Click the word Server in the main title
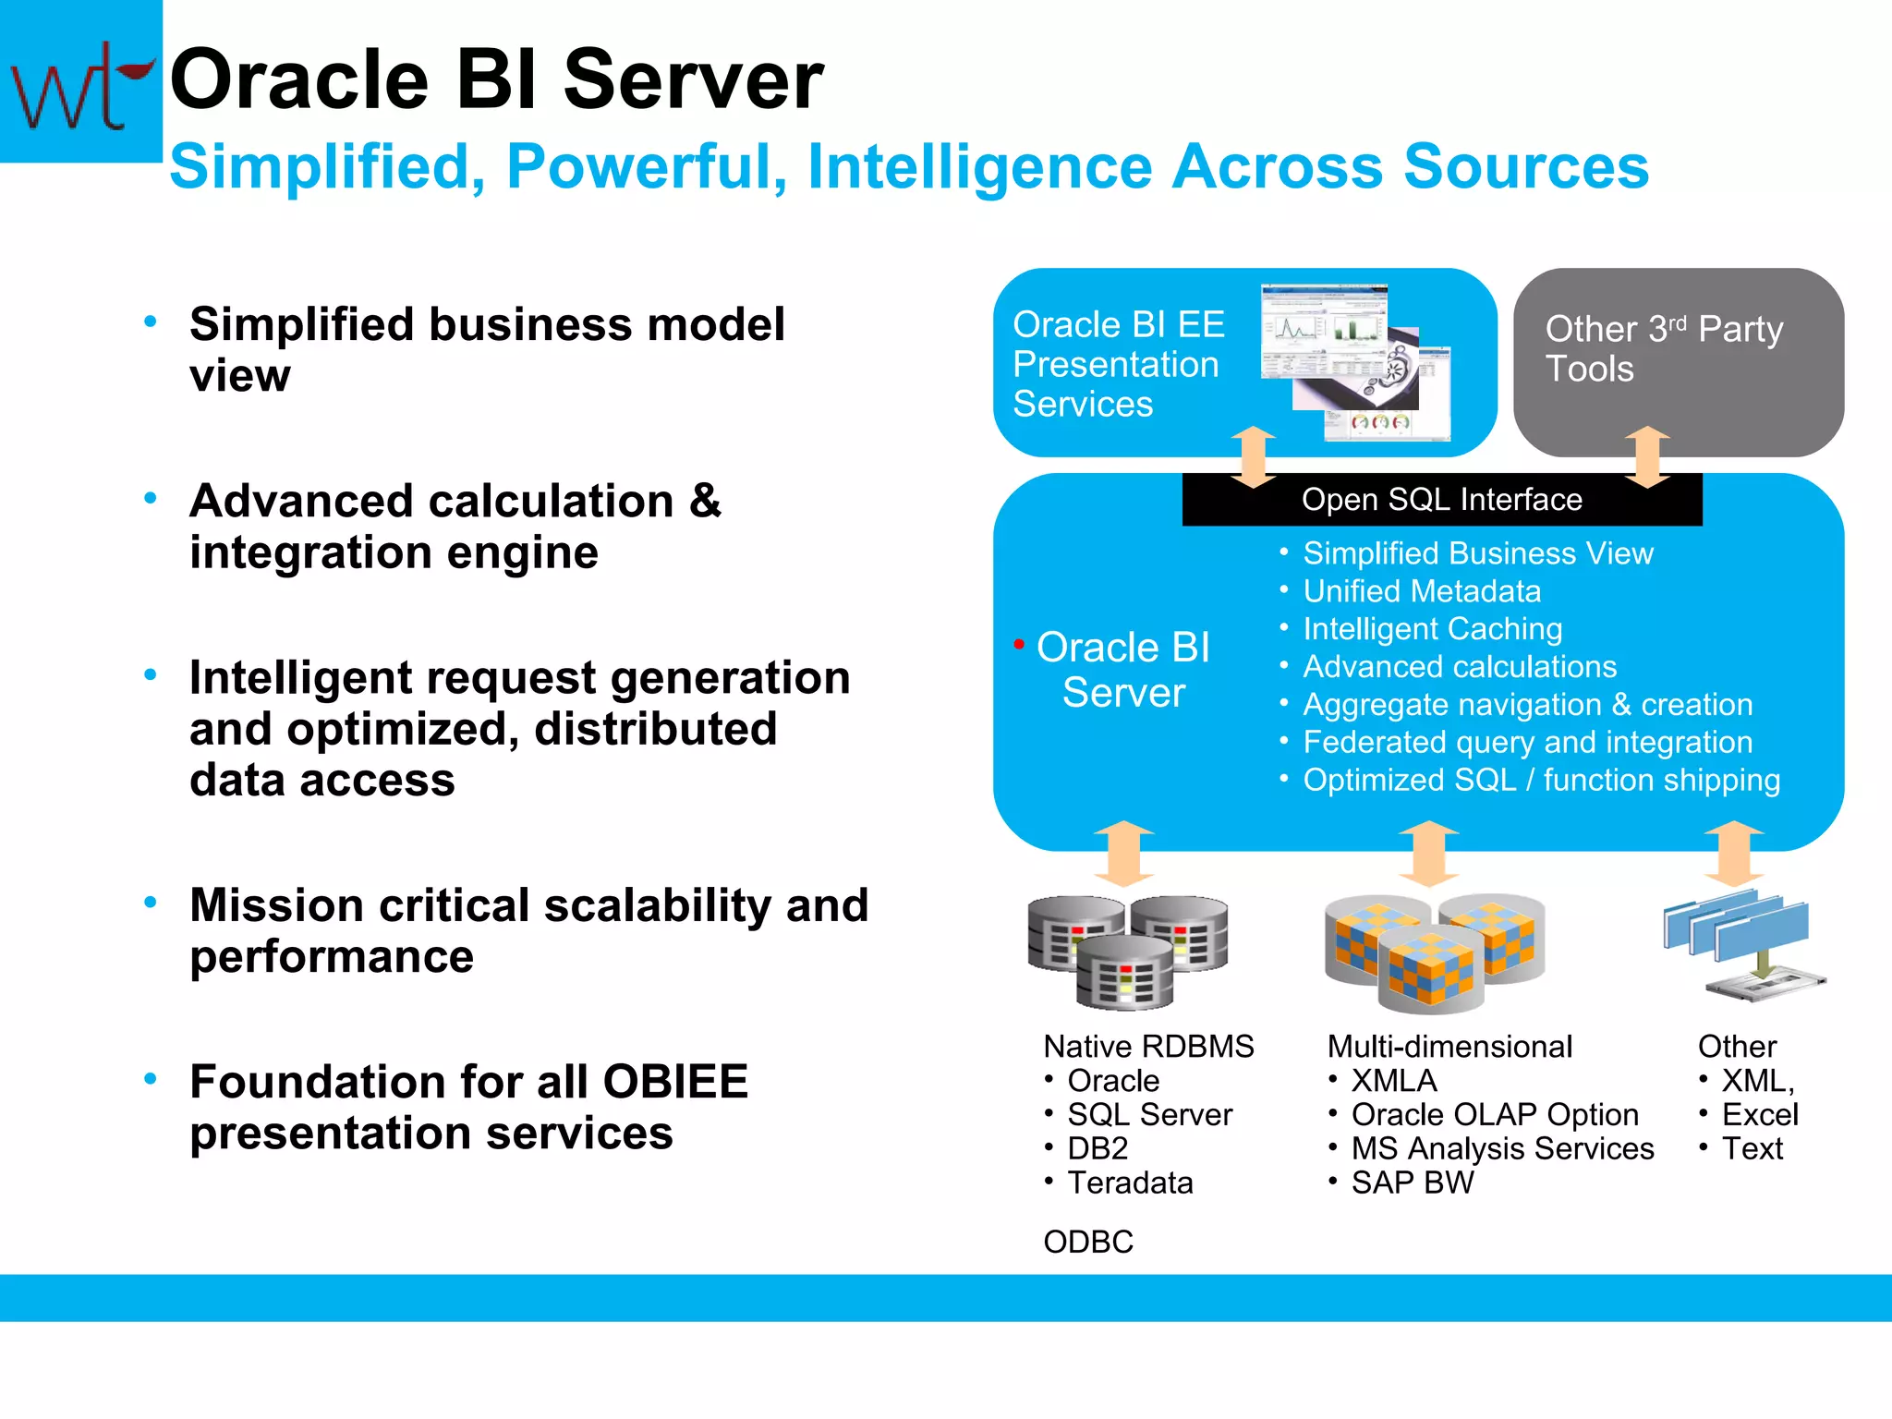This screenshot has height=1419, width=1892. pyautogui.click(x=692, y=80)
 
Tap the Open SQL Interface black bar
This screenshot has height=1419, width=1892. pyautogui.click(x=1441, y=500)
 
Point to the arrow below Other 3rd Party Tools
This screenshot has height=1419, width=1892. pyautogui.click(x=1647, y=456)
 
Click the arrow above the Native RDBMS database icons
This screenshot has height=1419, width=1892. pyautogui.click(x=1123, y=853)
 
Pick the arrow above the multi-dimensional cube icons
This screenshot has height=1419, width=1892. pyautogui.click(x=1428, y=853)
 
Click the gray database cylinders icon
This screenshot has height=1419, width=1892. pyautogui.click(x=1127, y=952)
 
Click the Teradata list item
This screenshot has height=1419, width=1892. pyautogui.click(x=1130, y=1182)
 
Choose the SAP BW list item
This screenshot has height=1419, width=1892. pyautogui.click(x=1412, y=1182)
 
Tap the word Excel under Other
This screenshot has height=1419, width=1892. pyautogui.click(x=1759, y=1114)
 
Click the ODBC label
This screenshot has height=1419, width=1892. pyautogui.click(x=1087, y=1242)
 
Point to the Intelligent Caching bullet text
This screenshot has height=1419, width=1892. pyautogui.click(x=1432, y=629)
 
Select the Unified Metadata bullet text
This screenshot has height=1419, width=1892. pyautogui.click(x=1421, y=591)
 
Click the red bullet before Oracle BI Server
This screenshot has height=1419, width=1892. pyautogui.click(x=1019, y=644)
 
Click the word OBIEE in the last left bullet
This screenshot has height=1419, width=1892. pyautogui.click(x=675, y=1081)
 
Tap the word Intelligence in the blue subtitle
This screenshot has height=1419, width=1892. pyautogui.click(x=979, y=167)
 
